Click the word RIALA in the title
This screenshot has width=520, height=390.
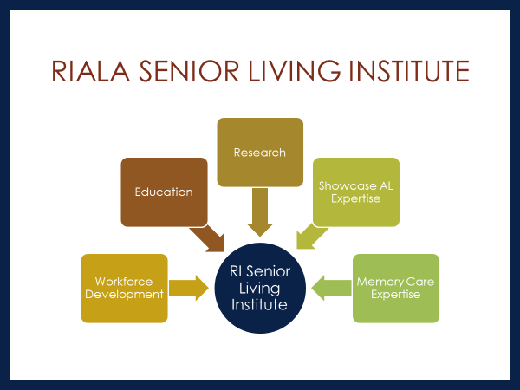pyautogui.click(x=90, y=71)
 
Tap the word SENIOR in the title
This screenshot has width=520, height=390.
pyautogui.click(x=189, y=71)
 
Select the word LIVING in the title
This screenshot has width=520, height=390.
pyautogui.click(x=295, y=71)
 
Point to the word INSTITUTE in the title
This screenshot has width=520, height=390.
pyautogui.click(x=410, y=71)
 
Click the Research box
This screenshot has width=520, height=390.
pyautogui.click(x=260, y=153)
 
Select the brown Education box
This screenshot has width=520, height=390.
pyautogui.click(x=164, y=192)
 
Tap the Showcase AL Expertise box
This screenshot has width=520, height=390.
pyautogui.click(x=356, y=192)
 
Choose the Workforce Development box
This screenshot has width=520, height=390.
pyautogui.click(x=124, y=289)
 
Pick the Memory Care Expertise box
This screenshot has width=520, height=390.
pyautogui.click(x=396, y=289)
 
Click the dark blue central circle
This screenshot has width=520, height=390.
pyautogui.click(x=260, y=288)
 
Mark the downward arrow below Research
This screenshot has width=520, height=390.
pyautogui.click(x=260, y=212)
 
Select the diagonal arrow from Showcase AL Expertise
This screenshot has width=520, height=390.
pyautogui.click(x=311, y=236)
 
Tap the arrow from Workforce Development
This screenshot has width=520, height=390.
pyautogui.click(x=189, y=288)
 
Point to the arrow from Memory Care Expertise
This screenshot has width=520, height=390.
pyautogui.click(x=331, y=288)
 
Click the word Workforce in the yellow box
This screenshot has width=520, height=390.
pyautogui.click(x=124, y=282)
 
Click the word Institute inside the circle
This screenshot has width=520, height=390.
pyautogui.click(x=259, y=304)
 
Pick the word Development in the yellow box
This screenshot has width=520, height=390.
pyautogui.click(x=124, y=295)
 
